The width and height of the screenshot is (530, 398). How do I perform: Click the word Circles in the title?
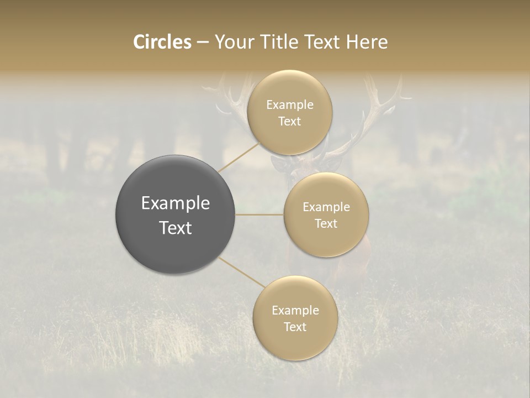[162, 42]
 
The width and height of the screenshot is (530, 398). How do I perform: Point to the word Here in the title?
[367, 42]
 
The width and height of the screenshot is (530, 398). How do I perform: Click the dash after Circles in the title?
[203, 43]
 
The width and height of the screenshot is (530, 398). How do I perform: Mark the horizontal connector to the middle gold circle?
[259, 214]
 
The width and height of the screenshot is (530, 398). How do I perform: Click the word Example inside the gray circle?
[175, 203]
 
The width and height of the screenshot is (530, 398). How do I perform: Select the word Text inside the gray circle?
[175, 228]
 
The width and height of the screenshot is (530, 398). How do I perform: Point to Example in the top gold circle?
[289, 105]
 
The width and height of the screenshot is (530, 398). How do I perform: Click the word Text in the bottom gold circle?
[295, 327]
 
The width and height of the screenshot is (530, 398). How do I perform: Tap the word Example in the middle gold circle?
[326, 207]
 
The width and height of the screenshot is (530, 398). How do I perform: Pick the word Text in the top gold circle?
[289, 122]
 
